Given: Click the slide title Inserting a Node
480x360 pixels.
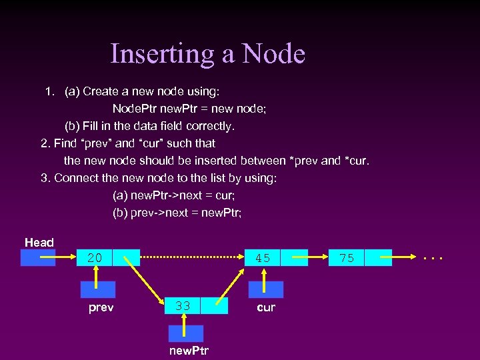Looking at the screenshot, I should click(207, 53).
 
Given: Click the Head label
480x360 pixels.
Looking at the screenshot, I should click(39, 243).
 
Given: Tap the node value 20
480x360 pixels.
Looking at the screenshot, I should click(95, 258).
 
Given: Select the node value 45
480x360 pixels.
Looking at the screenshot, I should click(263, 258).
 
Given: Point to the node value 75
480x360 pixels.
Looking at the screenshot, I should click(347, 258).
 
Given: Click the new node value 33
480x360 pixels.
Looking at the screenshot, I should click(183, 306).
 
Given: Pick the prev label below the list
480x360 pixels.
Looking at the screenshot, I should click(101, 307).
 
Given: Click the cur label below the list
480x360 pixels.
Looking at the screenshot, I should click(266, 307).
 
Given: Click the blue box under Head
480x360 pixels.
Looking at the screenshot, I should click(38, 258).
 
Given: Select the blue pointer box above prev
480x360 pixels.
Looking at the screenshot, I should click(98, 289).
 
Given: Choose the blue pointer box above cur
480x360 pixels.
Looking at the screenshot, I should click(266, 289).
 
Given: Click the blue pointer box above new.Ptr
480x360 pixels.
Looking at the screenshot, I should click(186, 333).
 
